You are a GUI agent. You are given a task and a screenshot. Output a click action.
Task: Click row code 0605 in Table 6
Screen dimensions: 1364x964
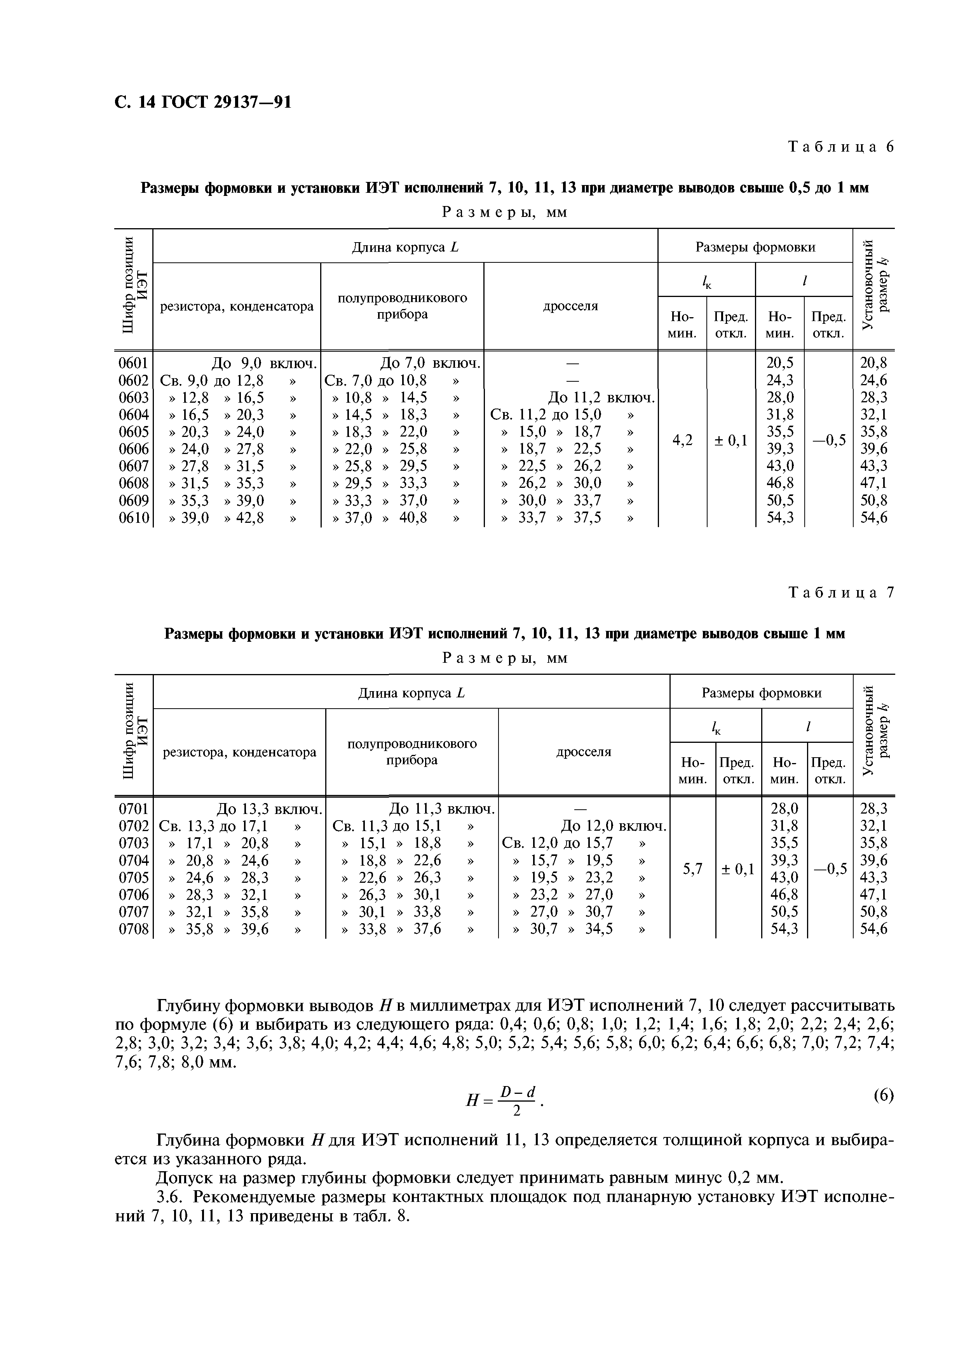tap(134, 432)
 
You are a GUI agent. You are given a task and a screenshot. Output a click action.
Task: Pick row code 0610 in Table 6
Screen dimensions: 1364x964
tap(134, 518)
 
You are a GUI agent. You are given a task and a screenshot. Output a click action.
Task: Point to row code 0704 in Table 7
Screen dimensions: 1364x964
tap(134, 861)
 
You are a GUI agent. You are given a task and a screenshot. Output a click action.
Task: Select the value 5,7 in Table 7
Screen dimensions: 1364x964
tap(692, 869)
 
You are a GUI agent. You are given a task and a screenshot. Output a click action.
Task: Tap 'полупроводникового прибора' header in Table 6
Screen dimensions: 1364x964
tap(402, 306)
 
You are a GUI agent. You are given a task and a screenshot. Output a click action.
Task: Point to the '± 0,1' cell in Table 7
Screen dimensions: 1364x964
tap(738, 869)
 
